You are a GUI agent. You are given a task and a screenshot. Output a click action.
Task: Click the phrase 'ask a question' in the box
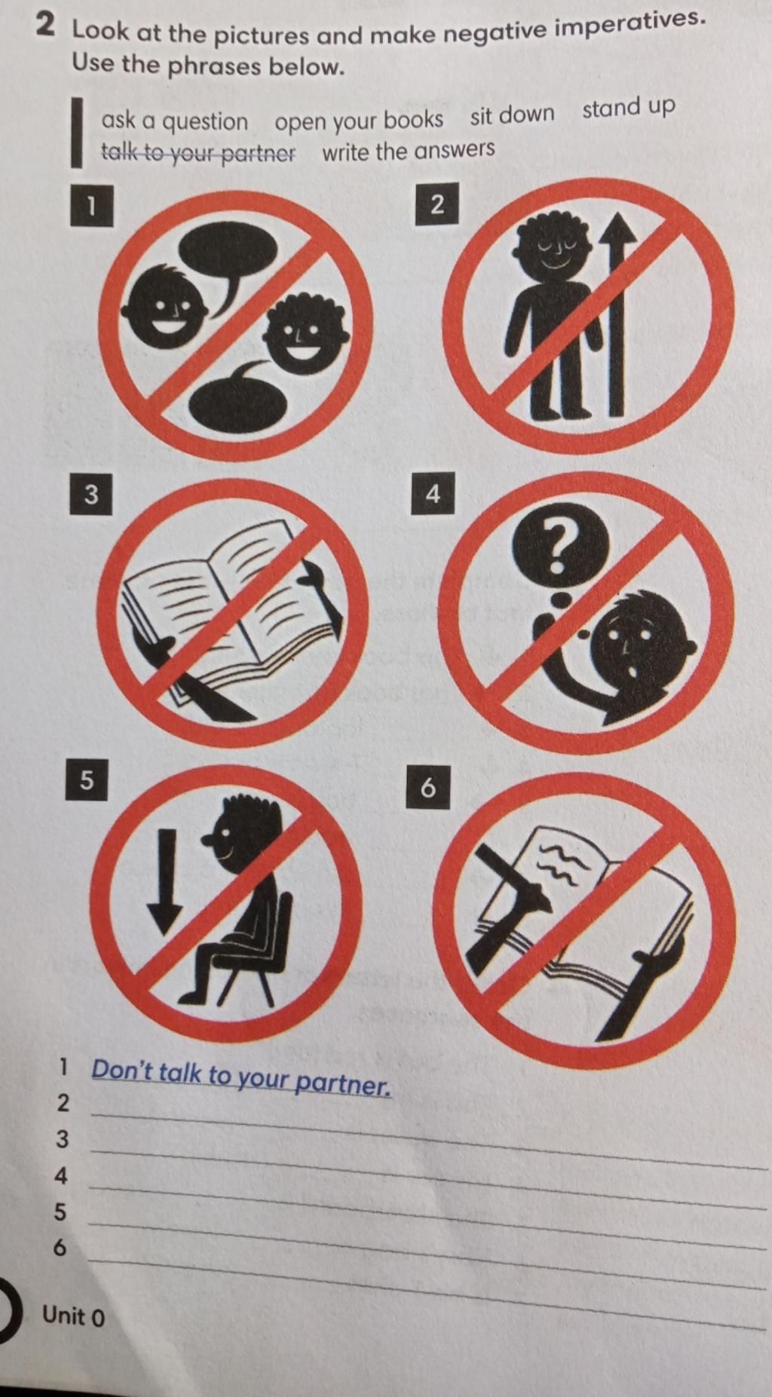point(175,121)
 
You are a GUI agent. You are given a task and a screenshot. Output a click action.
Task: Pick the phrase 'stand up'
point(628,108)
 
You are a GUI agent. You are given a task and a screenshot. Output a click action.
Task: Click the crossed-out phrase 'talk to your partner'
point(198,154)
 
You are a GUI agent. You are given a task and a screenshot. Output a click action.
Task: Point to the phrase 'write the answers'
point(408,150)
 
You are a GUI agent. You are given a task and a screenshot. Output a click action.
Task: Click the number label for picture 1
point(91,206)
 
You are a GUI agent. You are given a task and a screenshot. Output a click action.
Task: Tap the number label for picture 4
point(433,494)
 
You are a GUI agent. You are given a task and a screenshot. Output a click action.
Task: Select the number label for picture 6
point(427,788)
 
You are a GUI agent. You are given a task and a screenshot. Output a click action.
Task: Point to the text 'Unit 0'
point(74,1316)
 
